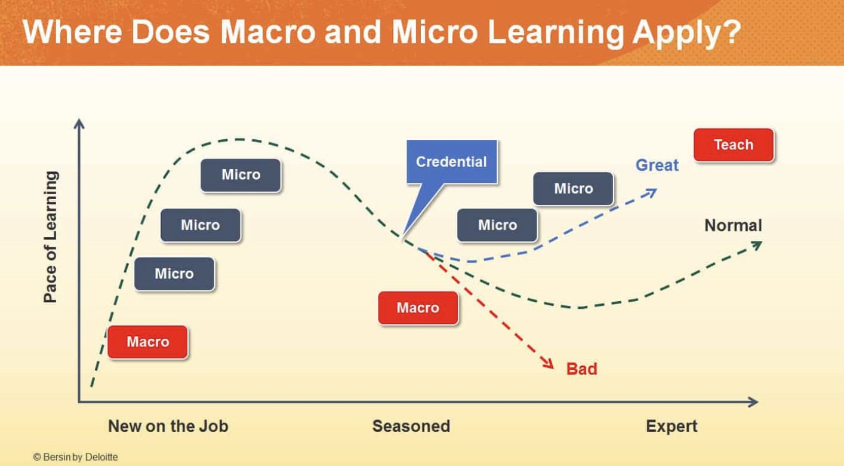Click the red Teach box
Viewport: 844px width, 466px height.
point(733,145)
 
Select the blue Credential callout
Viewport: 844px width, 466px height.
point(451,161)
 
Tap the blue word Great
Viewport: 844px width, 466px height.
point(657,165)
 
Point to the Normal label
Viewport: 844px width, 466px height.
point(732,225)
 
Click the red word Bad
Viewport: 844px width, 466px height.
point(581,369)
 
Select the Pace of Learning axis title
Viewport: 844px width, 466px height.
point(51,237)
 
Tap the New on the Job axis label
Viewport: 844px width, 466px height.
point(168,426)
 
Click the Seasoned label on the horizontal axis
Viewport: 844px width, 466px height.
point(411,426)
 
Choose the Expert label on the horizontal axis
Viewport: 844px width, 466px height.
point(671,426)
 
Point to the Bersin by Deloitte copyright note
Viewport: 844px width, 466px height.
point(76,457)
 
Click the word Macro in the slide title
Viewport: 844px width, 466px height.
point(267,33)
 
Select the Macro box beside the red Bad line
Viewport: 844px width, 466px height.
point(418,308)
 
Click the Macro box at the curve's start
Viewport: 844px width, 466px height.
point(147,342)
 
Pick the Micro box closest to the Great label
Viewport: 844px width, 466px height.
point(573,188)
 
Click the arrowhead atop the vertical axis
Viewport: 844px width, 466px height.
point(79,124)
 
